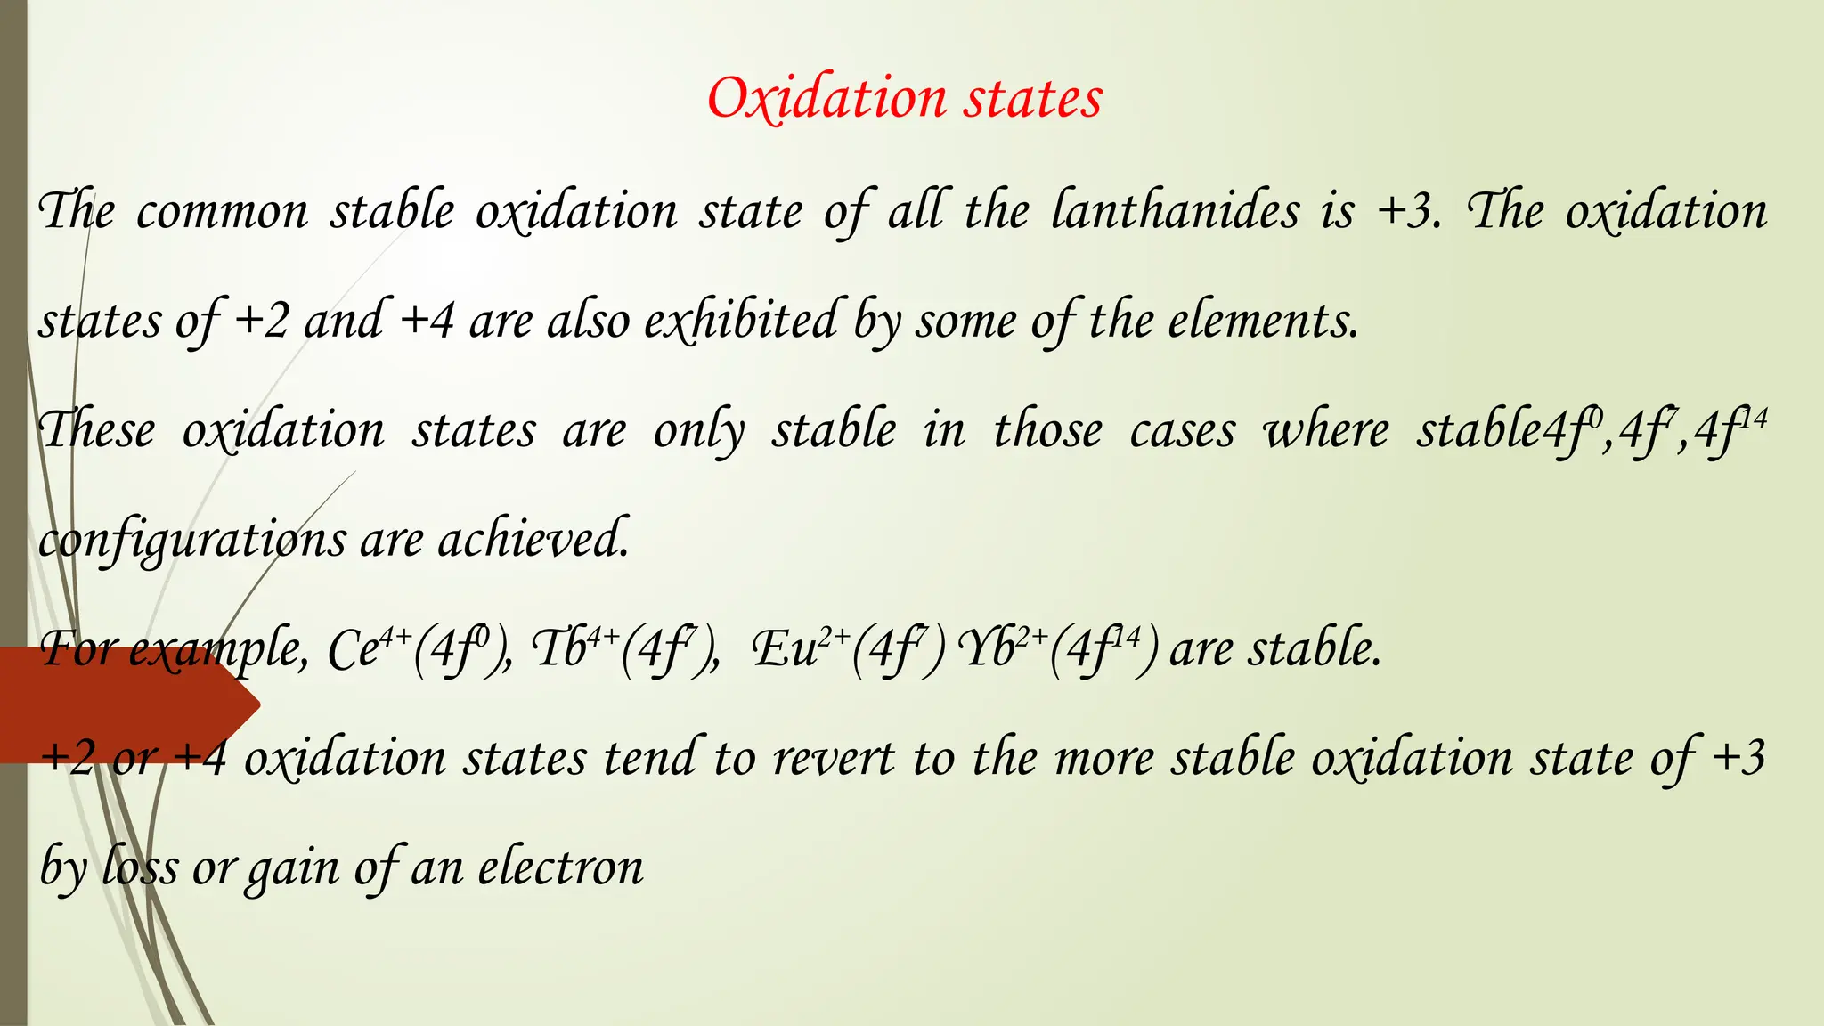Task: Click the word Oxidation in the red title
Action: (x=826, y=98)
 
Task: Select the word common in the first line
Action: (x=222, y=213)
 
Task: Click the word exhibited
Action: (x=740, y=320)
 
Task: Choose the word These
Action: (x=97, y=430)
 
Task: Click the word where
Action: (x=1326, y=431)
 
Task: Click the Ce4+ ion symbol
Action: (x=368, y=647)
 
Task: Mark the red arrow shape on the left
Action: (x=125, y=704)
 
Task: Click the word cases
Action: (x=1183, y=431)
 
